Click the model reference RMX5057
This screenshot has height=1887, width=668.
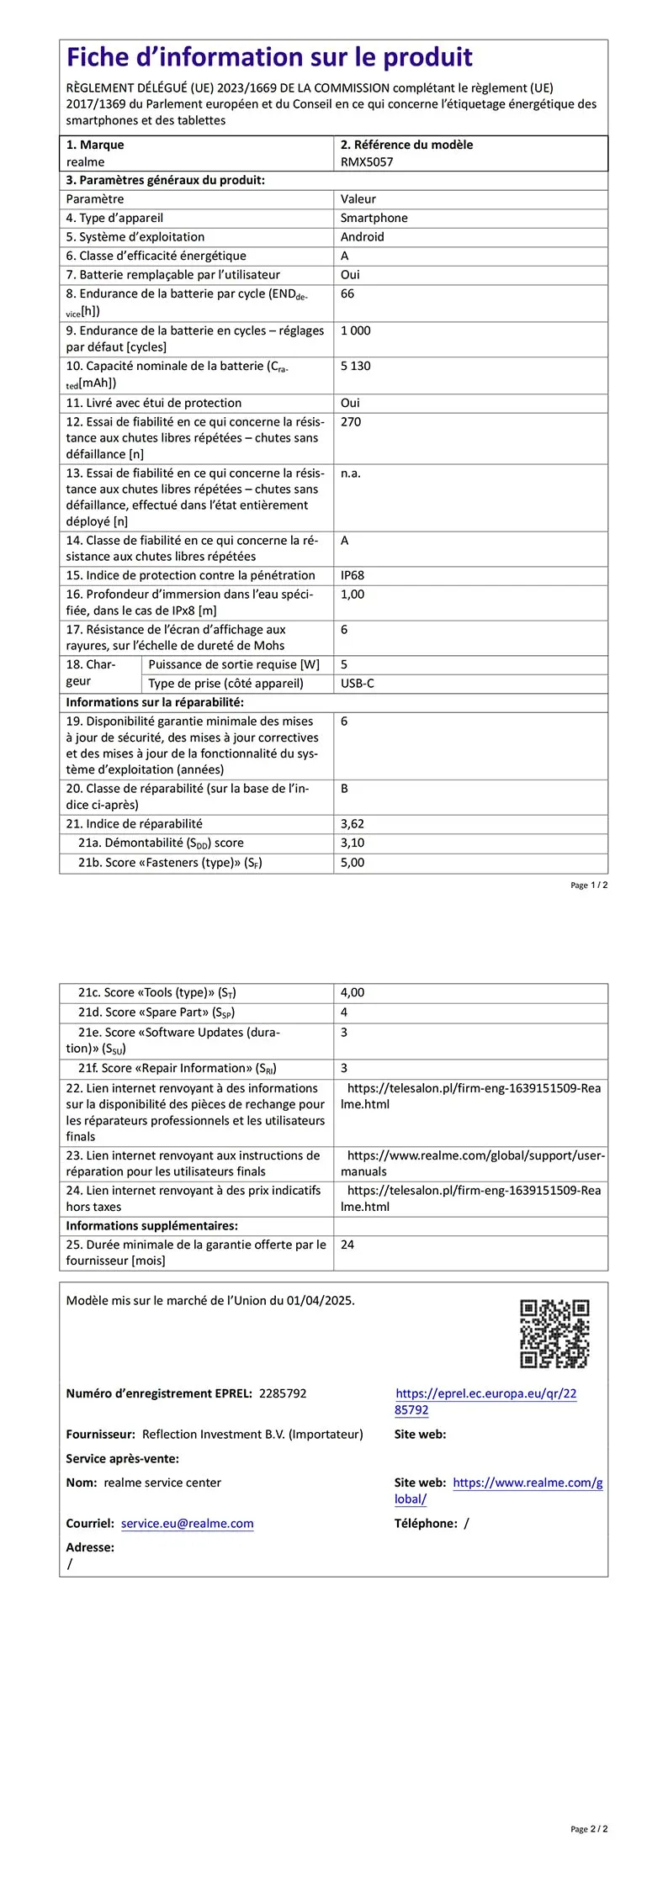367,162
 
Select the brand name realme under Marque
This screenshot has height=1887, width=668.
86,162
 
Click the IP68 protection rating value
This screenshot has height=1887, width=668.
353,575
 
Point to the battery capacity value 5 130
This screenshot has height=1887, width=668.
356,366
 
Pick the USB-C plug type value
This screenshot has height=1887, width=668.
358,684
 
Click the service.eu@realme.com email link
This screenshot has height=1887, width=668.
187,1523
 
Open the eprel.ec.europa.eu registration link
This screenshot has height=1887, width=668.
485,1401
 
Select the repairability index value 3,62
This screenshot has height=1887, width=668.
353,824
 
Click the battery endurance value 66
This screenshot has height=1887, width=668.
347,293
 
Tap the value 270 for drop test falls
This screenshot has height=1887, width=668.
351,422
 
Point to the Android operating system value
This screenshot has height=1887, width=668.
363,237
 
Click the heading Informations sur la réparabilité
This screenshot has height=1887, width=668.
155,702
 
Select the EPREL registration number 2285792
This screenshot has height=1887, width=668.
283,1393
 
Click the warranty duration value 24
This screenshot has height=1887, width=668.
347,1245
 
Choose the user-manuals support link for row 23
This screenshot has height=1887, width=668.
475,1156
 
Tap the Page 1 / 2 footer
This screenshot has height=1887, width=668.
589,885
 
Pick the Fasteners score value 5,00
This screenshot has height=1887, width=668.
353,863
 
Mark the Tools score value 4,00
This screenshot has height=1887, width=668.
353,993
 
